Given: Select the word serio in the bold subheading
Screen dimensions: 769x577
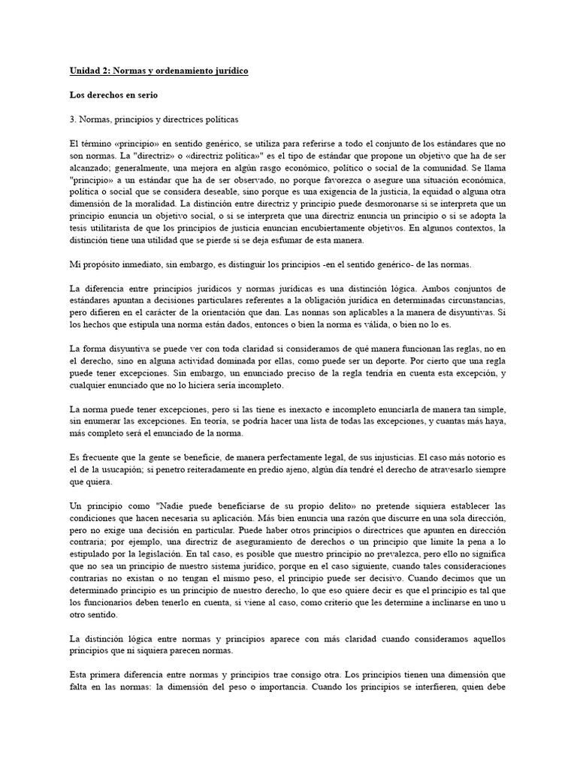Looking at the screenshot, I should tap(148, 95).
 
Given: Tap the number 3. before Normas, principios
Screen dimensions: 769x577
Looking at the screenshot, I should tap(73, 119).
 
